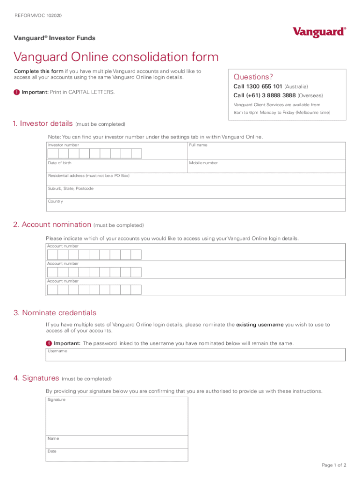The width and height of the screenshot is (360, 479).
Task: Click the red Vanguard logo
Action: (x=319, y=32)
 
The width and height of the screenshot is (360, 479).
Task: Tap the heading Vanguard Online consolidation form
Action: (x=116, y=57)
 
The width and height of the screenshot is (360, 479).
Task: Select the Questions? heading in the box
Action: (x=253, y=77)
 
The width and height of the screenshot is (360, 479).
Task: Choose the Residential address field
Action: (x=196, y=181)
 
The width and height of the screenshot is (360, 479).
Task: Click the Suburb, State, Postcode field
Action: (x=196, y=193)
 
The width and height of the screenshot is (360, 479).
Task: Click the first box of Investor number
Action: (x=53, y=154)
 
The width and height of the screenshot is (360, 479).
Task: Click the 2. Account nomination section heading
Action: (x=52, y=225)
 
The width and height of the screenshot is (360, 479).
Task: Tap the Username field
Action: (x=195, y=356)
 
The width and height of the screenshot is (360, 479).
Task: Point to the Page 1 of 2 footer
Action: (x=334, y=465)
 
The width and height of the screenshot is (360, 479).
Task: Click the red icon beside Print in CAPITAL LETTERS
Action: (x=17, y=92)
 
